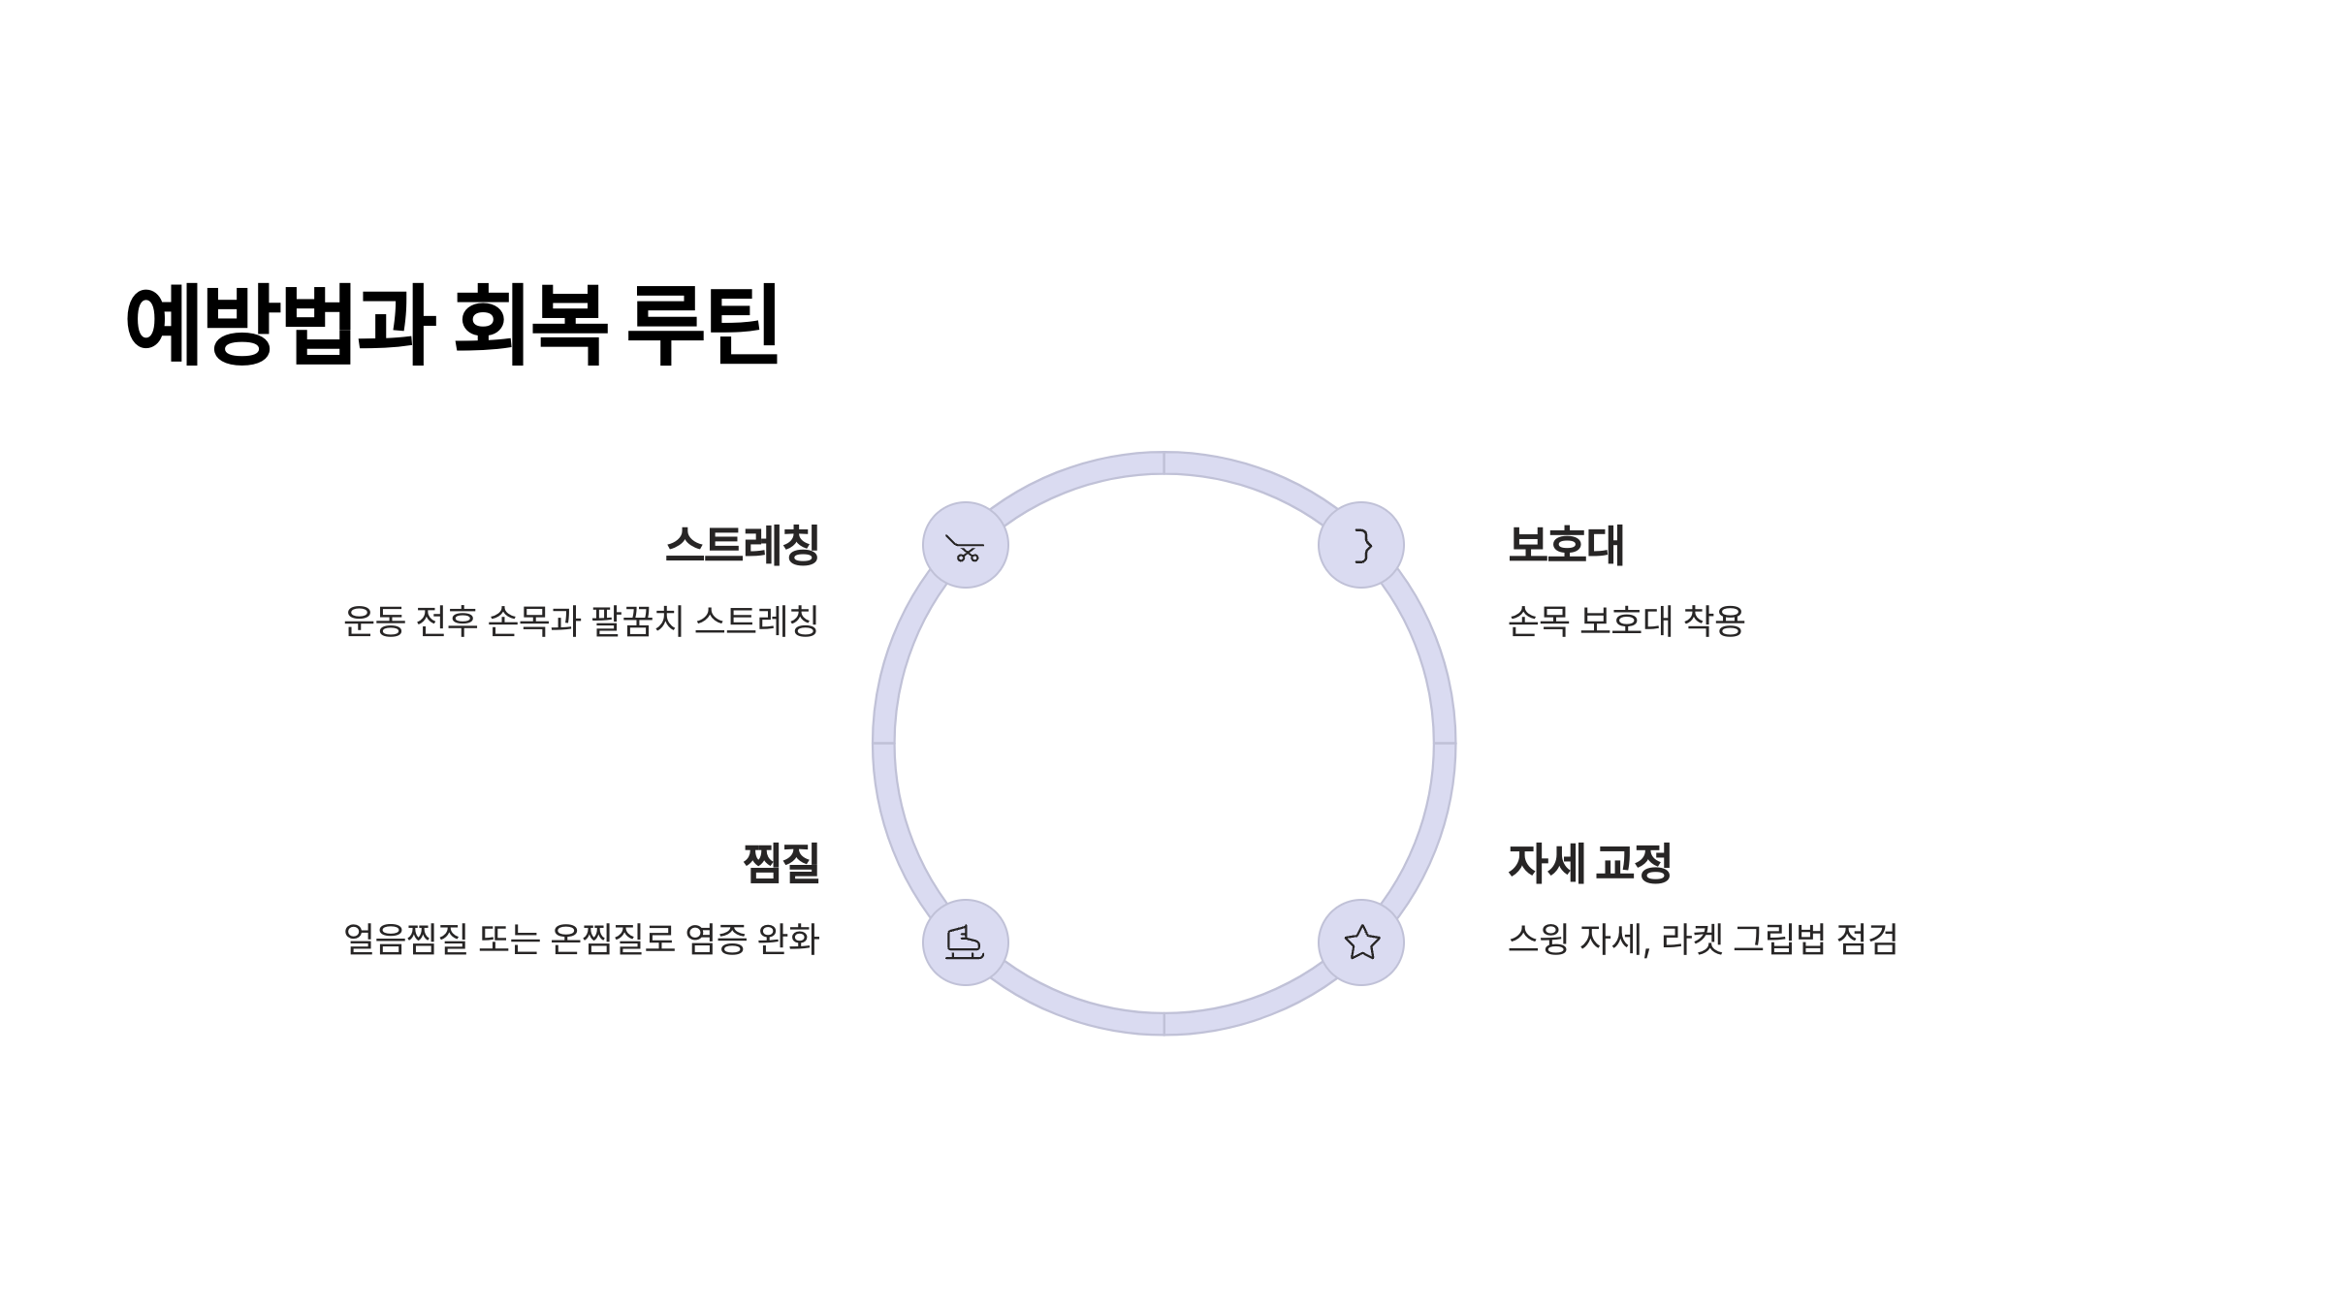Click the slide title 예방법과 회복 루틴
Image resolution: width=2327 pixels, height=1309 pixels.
(452, 325)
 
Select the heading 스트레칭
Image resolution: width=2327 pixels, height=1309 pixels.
(743, 545)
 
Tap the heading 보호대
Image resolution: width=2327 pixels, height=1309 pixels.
(1566, 545)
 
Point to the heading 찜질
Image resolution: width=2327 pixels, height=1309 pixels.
(781, 863)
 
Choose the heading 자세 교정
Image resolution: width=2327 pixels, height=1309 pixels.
(1590, 863)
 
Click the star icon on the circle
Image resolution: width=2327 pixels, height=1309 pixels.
(1361, 942)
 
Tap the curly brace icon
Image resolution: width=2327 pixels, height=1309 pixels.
(1361, 545)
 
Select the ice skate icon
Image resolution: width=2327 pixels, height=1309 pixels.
(965, 942)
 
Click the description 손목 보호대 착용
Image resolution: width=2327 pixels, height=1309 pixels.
(1626, 622)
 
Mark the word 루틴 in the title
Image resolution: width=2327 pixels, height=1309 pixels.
(703, 325)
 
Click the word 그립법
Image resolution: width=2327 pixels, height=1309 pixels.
(1779, 939)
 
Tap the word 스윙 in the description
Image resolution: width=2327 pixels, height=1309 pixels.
(1538, 939)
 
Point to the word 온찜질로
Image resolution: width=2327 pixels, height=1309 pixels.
(612, 939)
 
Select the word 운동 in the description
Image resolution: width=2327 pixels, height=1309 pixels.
(373, 622)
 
